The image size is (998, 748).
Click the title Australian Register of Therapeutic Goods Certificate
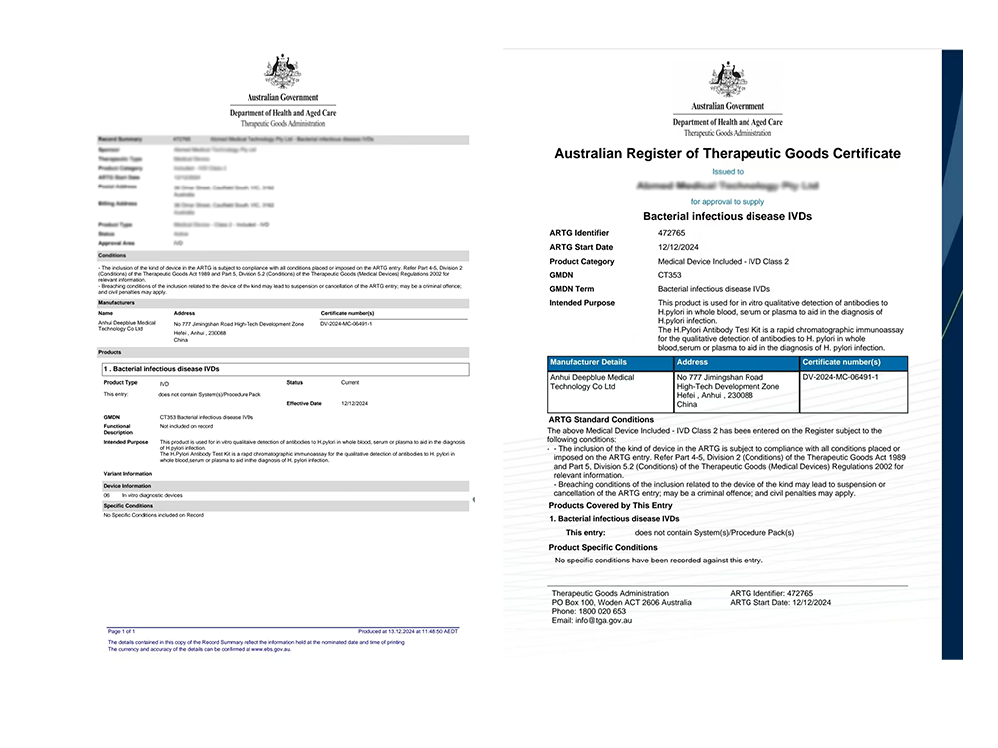point(727,154)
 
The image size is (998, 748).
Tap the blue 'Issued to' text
point(727,171)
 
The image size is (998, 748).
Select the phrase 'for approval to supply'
point(727,201)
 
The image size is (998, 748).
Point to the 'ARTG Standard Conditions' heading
point(602,420)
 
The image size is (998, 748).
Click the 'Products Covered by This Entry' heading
point(611,505)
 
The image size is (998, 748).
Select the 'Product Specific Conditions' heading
point(603,548)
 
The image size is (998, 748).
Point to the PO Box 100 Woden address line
point(621,603)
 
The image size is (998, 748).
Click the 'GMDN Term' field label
point(574,289)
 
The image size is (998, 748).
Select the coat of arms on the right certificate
point(728,81)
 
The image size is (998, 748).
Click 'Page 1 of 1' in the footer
point(121,632)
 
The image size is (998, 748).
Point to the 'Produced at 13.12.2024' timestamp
point(408,632)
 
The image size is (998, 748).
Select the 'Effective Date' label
point(304,403)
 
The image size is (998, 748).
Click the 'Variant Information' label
point(127,474)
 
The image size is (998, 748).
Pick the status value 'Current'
point(350,382)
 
